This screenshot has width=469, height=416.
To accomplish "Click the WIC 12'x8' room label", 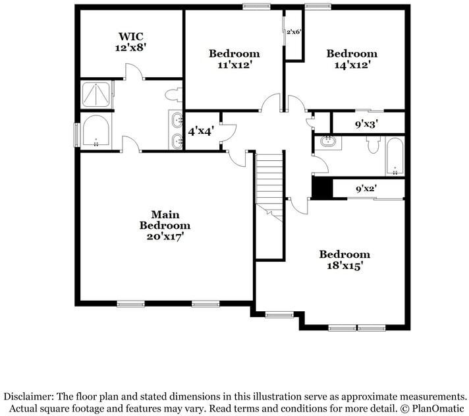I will click(130, 42).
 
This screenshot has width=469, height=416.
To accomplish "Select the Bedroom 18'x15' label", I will click(344, 260).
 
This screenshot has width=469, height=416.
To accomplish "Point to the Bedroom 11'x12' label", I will click(234, 59).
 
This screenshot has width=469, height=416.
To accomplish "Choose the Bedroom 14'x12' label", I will click(352, 59).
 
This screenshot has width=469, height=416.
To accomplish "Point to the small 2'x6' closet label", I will click(294, 32).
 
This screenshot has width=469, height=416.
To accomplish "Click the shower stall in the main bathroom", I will click(97, 94).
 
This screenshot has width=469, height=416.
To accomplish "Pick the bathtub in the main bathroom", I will click(97, 132).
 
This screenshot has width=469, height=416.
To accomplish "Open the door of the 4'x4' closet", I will click(228, 130).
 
